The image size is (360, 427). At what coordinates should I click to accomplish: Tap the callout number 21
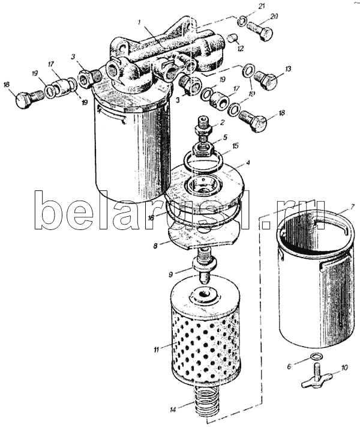(261, 6)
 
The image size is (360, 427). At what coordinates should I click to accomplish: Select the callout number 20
(274, 16)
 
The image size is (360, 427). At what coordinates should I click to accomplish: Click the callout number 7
(352, 206)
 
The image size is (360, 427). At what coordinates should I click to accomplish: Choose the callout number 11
(155, 349)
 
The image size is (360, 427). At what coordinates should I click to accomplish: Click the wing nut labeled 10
(316, 379)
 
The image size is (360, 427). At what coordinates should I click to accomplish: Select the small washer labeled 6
(316, 359)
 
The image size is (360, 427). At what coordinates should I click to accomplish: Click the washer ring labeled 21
(242, 22)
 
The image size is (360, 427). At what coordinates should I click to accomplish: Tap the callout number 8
(155, 245)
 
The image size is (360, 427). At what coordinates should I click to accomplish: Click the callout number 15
(235, 145)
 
